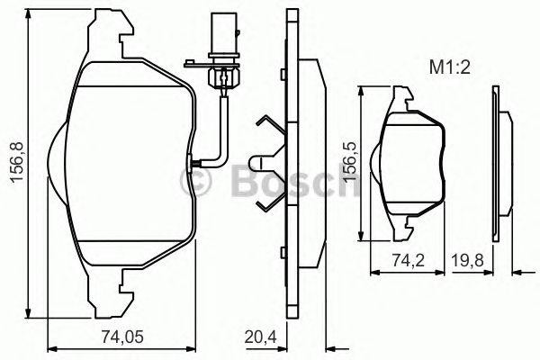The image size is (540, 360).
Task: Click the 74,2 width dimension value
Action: (404, 259)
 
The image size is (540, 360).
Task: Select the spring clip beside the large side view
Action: (265, 162)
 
